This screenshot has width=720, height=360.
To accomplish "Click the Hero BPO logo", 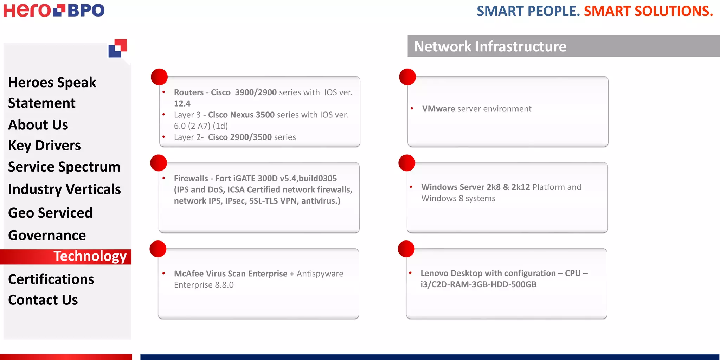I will (x=54, y=10).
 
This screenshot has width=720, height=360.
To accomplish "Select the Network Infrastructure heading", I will (x=490, y=46).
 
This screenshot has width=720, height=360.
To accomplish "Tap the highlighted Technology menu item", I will (x=90, y=256).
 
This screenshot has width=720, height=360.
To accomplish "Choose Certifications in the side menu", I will (x=51, y=279).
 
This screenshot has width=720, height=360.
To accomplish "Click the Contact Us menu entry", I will (x=43, y=300).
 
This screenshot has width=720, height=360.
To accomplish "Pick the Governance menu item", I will (x=47, y=235).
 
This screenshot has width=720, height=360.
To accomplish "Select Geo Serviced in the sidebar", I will (x=50, y=213).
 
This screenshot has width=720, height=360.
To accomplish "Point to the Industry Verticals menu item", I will (x=64, y=189).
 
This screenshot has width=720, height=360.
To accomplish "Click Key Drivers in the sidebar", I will (x=44, y=146).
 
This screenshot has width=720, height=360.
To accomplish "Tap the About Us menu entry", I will (x=38, y=125).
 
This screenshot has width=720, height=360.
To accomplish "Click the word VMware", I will (x=438, y=109).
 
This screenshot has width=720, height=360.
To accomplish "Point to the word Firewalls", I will (x=191, y=179).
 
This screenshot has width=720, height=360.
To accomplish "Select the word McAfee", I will (x=188, y=274).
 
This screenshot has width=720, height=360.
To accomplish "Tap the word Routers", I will (x=189, y=92).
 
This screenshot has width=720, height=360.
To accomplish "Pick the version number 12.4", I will (x=182, y=104).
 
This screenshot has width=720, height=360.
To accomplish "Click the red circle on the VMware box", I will (x=407, y=77).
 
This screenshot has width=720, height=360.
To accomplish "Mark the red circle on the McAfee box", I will (x=158, y=249).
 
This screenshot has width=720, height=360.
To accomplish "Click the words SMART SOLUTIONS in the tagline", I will (x=648, y=11).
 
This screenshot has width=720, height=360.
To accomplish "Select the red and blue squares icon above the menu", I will (x=117, y=48).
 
